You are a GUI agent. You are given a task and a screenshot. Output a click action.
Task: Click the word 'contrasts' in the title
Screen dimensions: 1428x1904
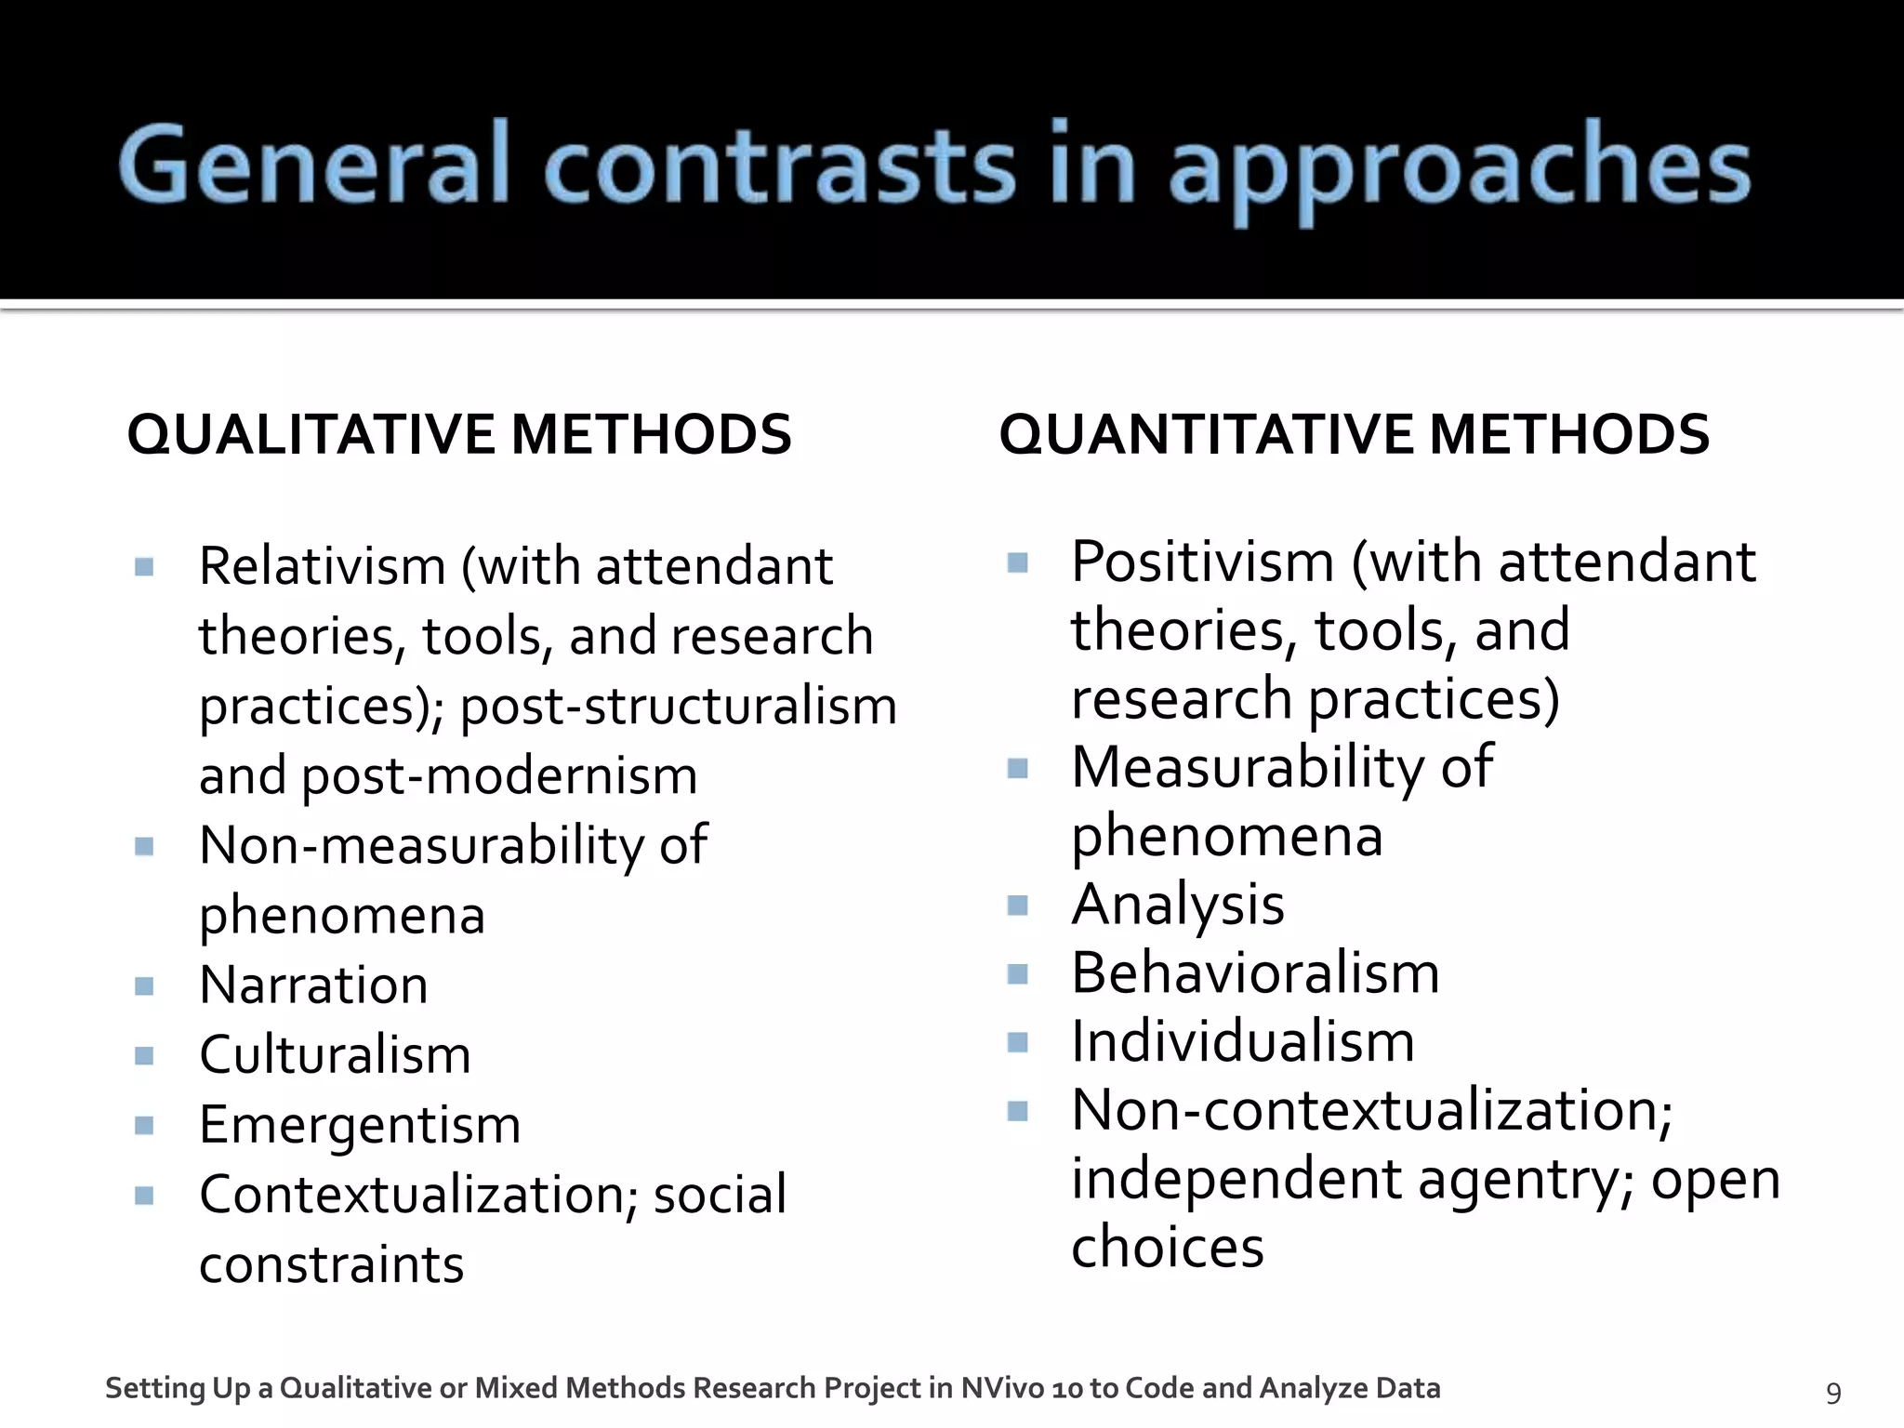pos(779,165)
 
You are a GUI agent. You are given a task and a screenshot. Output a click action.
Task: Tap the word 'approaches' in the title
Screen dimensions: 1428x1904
pos(1459,167)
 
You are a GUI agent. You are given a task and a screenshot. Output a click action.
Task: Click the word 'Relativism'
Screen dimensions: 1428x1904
pos(323,566)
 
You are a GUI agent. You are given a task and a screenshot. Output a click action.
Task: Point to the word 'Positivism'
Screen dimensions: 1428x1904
pos(1202,562)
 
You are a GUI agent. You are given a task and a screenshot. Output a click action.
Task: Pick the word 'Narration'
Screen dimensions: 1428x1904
pos(313,985)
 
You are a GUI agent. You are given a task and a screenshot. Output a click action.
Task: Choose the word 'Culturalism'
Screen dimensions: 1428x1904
pos(335,1054)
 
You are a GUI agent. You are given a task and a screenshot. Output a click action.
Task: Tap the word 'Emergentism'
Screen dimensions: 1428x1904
pos(360,1124)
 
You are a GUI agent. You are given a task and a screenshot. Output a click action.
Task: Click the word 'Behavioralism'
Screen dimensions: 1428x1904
pos(1255,972)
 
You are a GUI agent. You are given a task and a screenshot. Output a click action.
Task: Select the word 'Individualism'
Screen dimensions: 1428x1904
pos(1242,1041)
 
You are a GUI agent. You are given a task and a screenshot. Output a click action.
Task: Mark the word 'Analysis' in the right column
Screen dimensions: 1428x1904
pos(1177,904)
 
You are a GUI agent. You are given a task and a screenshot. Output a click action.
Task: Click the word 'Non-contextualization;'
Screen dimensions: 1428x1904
pos(1371,1110)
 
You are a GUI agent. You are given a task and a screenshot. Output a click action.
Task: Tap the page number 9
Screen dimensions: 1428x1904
pos(1833,1392)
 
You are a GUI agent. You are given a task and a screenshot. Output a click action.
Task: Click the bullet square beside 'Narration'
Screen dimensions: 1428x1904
pos(144,985)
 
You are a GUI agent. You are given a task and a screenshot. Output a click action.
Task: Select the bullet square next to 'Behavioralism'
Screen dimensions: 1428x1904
pos(1018,973)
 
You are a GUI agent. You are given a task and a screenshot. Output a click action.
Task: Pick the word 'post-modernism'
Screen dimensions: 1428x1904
pos(499,775)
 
